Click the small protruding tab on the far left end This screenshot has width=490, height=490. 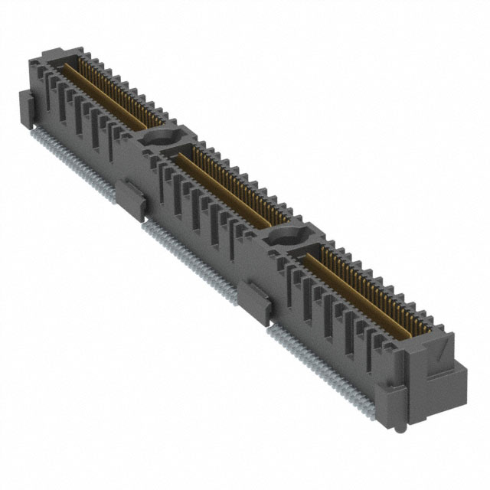coord(26,103)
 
